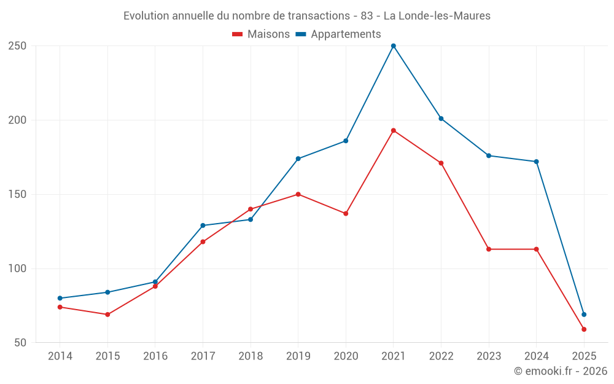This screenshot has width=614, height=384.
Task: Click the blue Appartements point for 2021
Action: [x=394, y=46]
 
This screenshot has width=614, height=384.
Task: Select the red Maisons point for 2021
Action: [x=394, y=130]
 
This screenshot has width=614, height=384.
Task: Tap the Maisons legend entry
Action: [x=261, y=34]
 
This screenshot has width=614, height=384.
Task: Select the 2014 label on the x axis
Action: [x=60, y=356]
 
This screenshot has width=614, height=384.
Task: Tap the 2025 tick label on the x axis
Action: [x=584, y=356]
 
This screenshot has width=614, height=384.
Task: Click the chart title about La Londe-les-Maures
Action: [x=307, y=16]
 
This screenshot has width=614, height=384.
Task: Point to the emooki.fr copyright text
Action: [x=561, y=371]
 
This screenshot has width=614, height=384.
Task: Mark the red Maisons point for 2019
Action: [x=298, y=194]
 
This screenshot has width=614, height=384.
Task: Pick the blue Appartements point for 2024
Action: [x=536, y=162]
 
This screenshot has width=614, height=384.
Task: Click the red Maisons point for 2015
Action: [x=107, y=315]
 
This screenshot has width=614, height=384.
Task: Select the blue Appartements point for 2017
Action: [x=203, y=225]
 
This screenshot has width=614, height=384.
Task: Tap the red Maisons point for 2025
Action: [x=584, y=329]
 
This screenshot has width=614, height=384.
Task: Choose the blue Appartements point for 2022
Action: [x=441, y=119]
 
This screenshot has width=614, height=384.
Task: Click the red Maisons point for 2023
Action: [x=489, y=249]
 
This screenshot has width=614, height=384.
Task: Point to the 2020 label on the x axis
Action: [x=346, y=356]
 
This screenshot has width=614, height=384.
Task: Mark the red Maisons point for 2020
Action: [x=346, y=214]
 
